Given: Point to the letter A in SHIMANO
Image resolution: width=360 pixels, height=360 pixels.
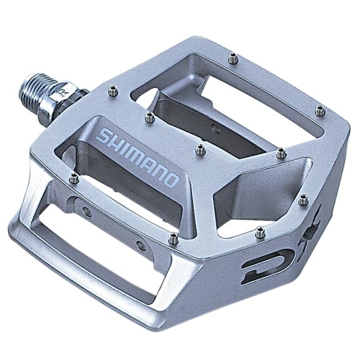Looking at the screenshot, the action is pyautogui.click(x=149, y=164).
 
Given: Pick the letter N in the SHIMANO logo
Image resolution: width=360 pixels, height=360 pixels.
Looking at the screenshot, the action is pyautogui.click(x=160, y=172).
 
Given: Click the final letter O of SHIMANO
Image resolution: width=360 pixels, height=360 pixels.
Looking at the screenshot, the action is pyautogui.click(x=172, y=181).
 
